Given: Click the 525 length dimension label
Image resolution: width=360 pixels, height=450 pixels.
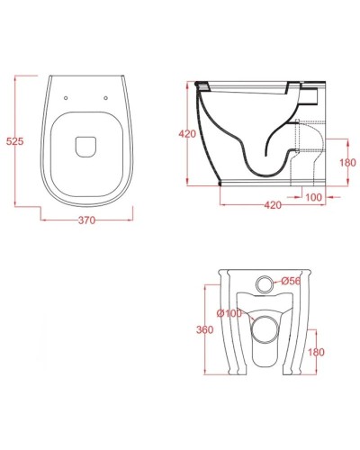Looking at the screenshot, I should click(14, 141).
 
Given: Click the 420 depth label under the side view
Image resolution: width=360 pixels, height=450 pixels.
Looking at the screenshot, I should click(274, 206).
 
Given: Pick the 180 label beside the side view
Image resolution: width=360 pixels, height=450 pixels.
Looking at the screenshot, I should click(349, 163).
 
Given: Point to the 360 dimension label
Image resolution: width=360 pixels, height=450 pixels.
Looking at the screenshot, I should click(204, 330).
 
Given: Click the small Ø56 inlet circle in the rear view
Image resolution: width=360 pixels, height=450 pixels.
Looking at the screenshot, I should click(266, 283).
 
